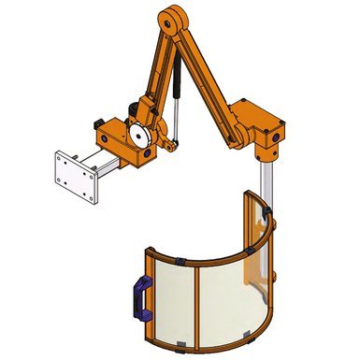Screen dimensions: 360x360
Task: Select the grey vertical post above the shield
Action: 265,182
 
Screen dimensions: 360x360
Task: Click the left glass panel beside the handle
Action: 173,299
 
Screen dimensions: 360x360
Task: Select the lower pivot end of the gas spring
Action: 169,144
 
